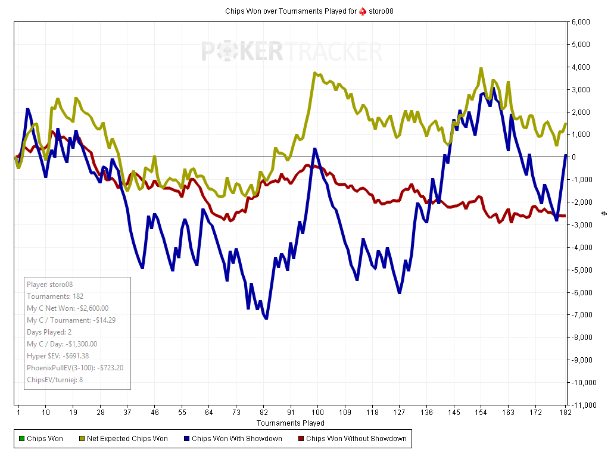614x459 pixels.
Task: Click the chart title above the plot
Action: pos(309,11)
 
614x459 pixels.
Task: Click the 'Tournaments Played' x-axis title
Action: pos(291,423)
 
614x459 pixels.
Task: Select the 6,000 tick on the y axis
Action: pos(581,22)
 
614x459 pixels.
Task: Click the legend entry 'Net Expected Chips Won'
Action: pos(127,439)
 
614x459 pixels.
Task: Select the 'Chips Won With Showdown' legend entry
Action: pos(236,439)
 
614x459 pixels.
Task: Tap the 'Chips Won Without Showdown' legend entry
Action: pos(356,439)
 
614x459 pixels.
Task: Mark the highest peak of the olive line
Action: pos(481,68)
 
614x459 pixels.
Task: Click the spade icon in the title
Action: pos(362,11)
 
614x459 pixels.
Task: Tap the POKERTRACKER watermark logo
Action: pos(291,52)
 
